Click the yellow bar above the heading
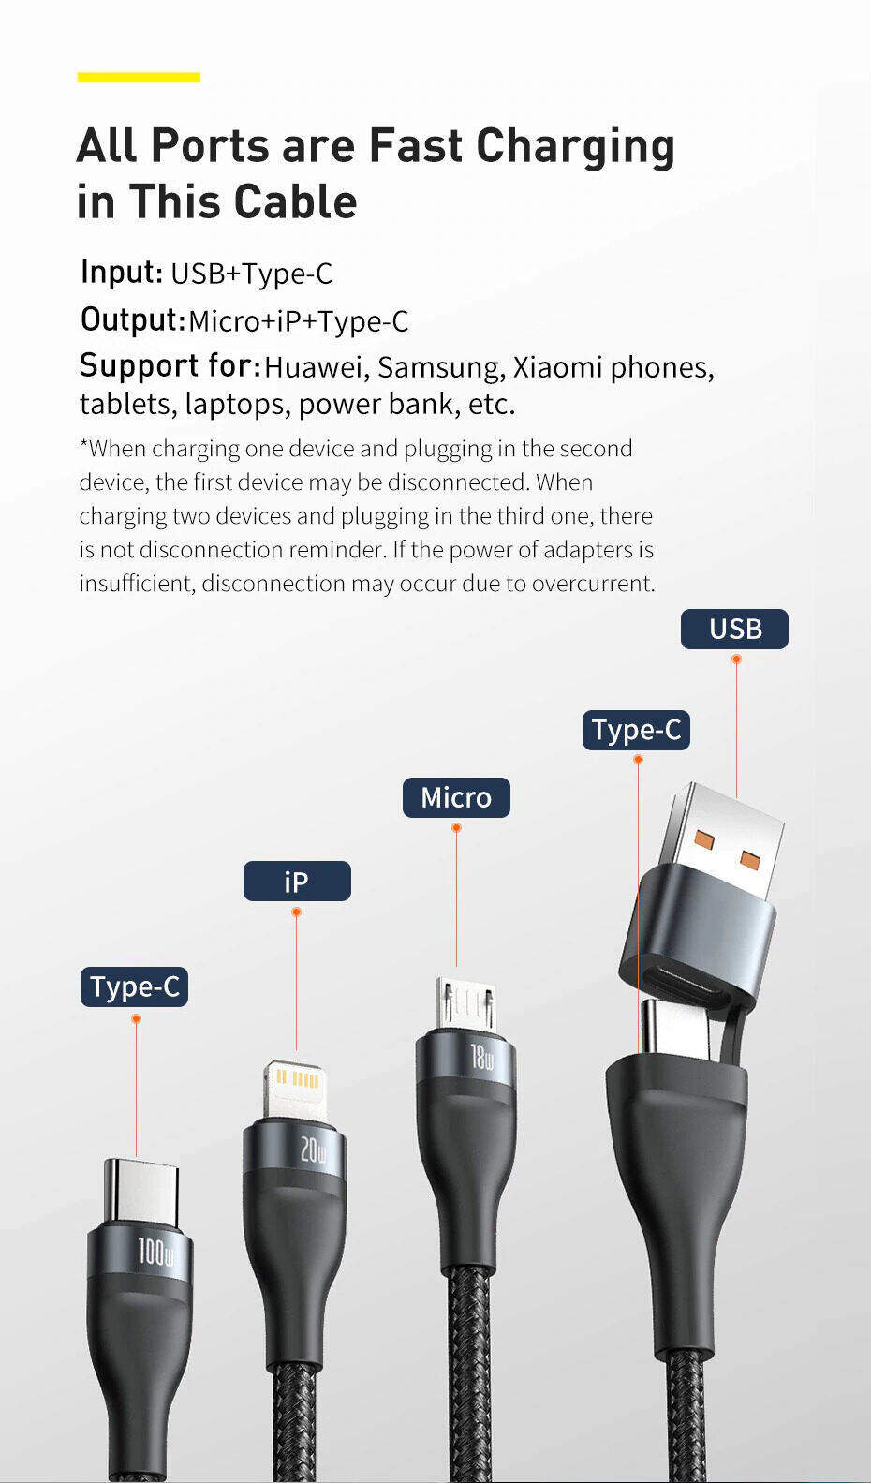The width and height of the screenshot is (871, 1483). tap(139, 77)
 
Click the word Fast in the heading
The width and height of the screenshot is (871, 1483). tap(415, 146)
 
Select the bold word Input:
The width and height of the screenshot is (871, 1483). tap(122, 272)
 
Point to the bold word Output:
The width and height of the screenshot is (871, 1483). tap(132, 319)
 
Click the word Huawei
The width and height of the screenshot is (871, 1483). tap(317, 367)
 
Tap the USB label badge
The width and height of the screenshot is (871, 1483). tap(734, 629)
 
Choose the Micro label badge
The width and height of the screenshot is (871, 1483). tap(456, 797)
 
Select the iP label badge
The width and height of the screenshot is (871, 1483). tap(297, 882)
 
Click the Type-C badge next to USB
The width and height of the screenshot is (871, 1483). tap(636, 730)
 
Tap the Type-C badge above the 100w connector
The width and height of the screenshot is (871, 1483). tap(134, 986)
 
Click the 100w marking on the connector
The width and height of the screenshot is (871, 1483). tap(155, 1252)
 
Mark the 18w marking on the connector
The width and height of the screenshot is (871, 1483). tap(481, 1058)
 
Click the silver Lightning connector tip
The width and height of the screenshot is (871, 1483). tap(293, 1087)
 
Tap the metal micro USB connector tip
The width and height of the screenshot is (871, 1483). tap(465, 1002)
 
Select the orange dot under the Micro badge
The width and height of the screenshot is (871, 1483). tap(456, 828)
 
